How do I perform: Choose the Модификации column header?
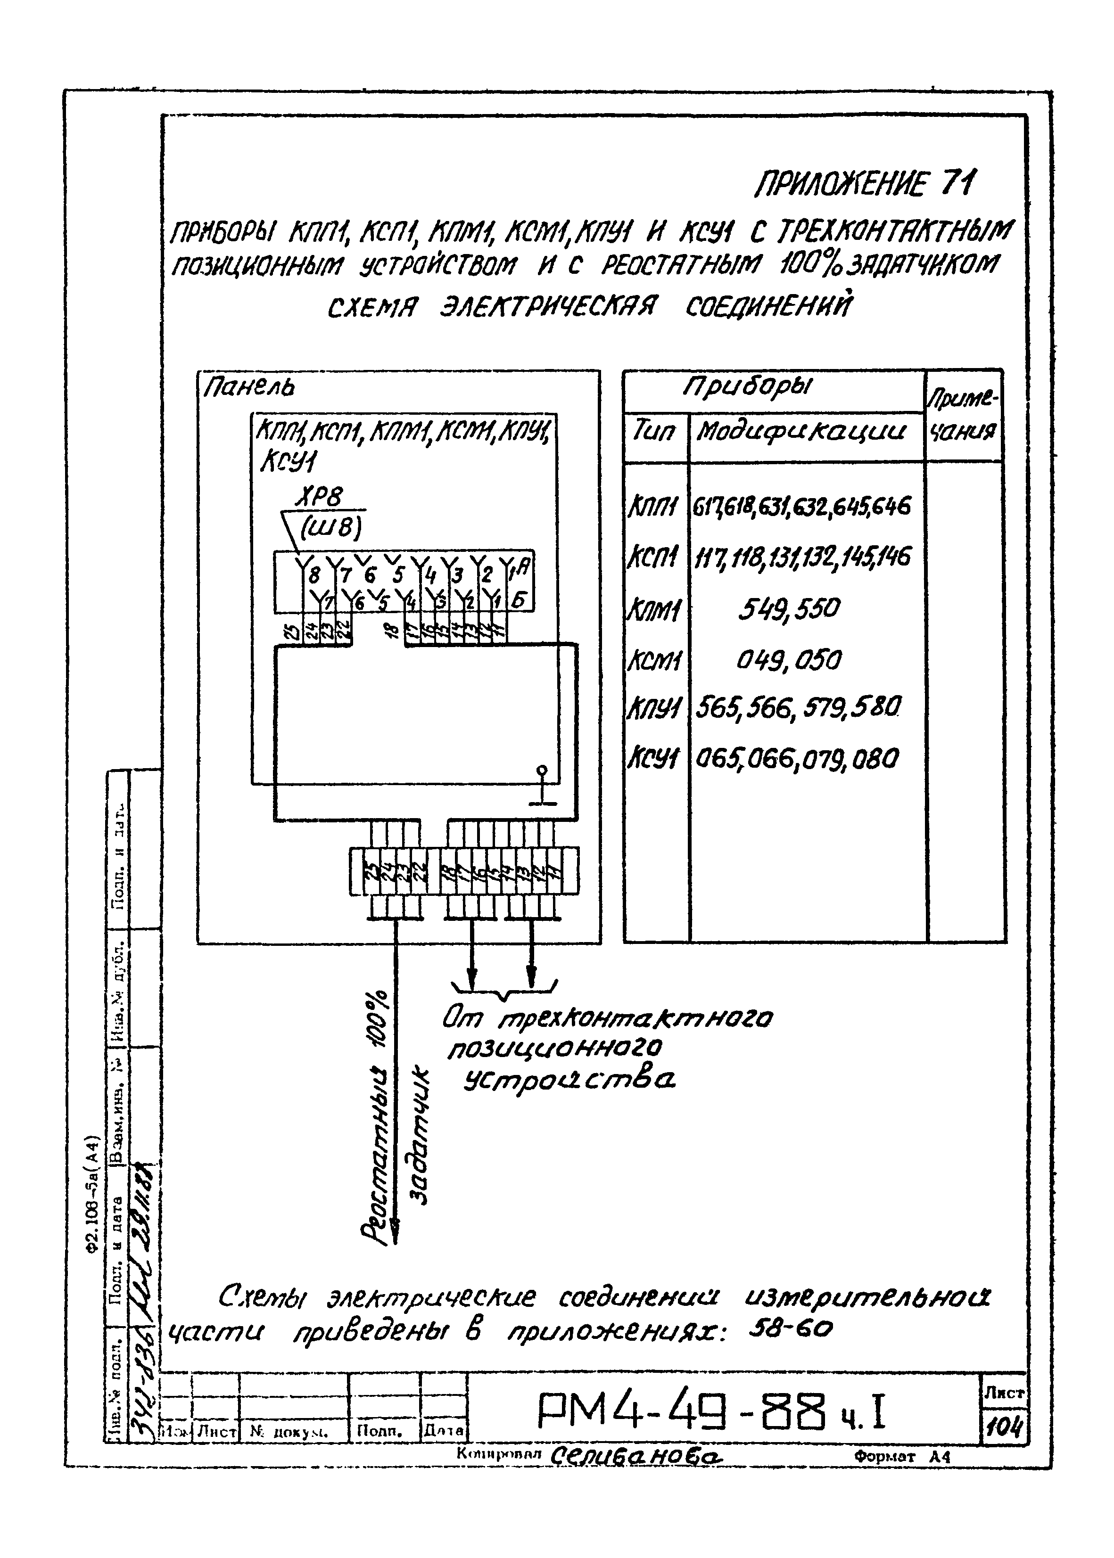pyautogui.click(x=800, y=433)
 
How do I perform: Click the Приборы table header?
pyautogui.click(x=748, y=389)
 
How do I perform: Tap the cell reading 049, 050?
pyautogui.click(x=789, y=660)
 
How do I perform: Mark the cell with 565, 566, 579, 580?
pyautogui.click(x=797, y=708)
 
